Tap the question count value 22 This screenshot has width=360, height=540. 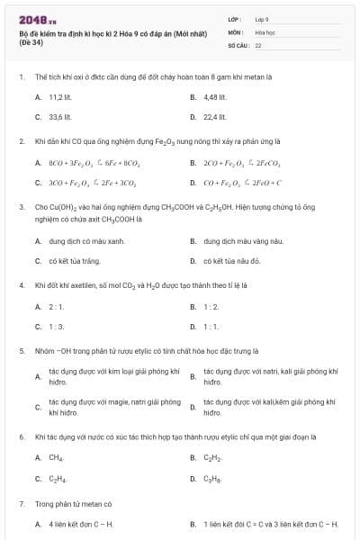click(x=258, y=44)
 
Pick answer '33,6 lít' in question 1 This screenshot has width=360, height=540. click(x=59, y=116)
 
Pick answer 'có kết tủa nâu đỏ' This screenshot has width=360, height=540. click(x=232, y=261)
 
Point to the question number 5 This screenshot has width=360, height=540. click(x=21, y=350)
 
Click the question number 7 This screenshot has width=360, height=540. click(x=21, y=502)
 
